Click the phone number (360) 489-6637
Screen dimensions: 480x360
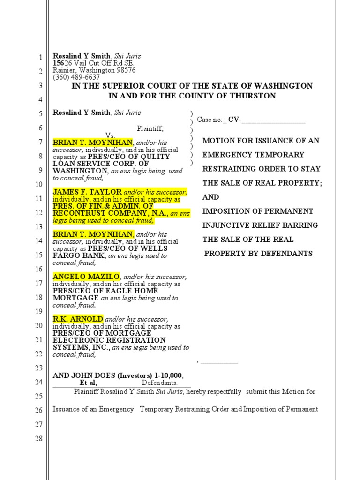coord(76,77)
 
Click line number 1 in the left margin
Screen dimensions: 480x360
coord(40,58)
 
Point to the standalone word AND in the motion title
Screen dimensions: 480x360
coord(211,197)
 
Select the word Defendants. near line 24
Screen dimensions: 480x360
coord(163,383)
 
